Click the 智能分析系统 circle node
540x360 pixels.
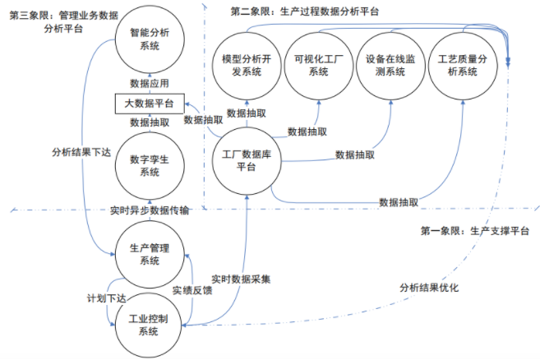[149, 39]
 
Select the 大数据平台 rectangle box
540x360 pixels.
[149, 104]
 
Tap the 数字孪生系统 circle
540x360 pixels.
[149, 166]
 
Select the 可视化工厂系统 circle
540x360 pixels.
[316, 66]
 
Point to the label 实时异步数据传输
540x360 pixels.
[150, 210]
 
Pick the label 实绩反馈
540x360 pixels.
[192, 290]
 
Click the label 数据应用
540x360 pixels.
[150, 83]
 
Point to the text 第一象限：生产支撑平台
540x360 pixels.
[474, 231]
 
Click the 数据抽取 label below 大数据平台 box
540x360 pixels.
[150, 122]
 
